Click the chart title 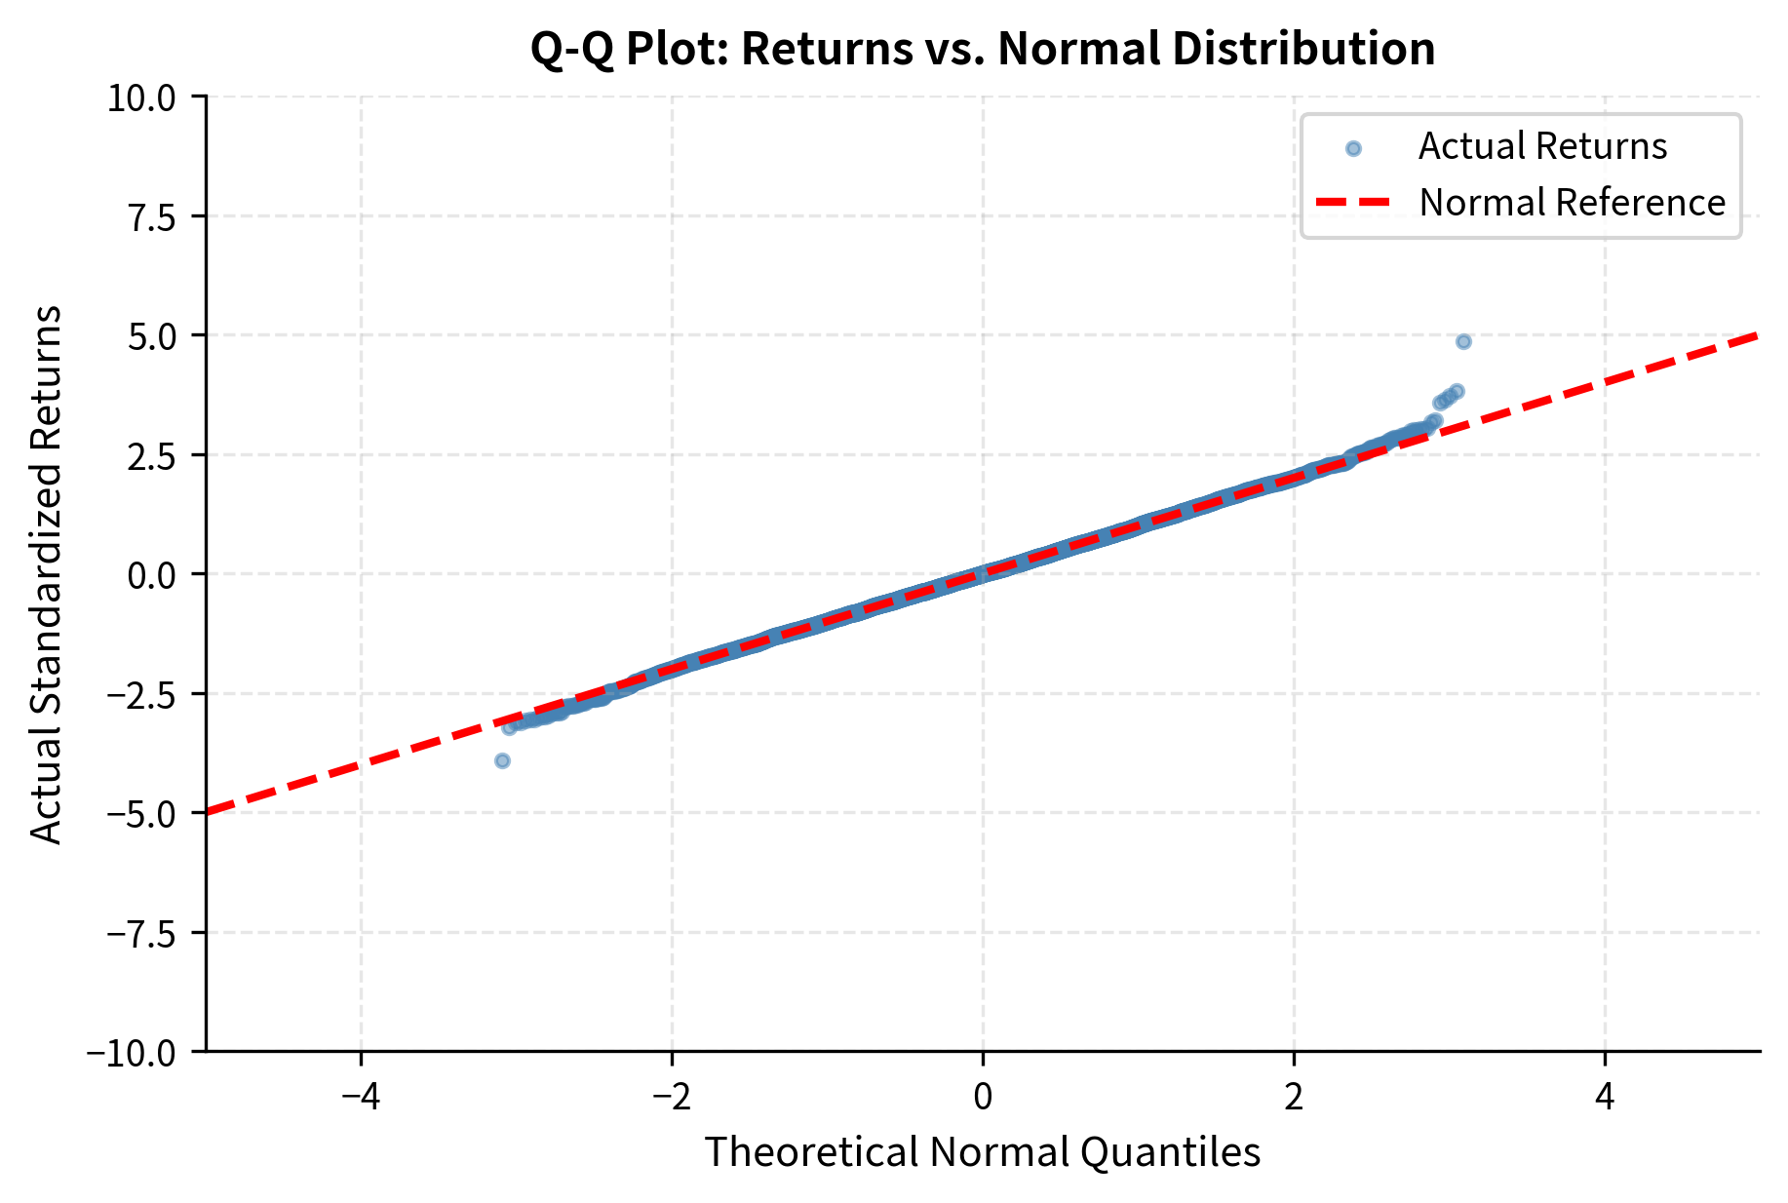click(983, 49)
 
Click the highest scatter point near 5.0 click(1462, 341)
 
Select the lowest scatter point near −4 click(502, 760)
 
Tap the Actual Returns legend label click(1542, 146)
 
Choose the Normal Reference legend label click(1572, 203)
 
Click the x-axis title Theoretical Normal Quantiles click(983, 1152)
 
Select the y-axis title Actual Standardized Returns click(46, 574)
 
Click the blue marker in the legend click(1352, 148)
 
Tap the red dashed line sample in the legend click(1352, 203)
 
